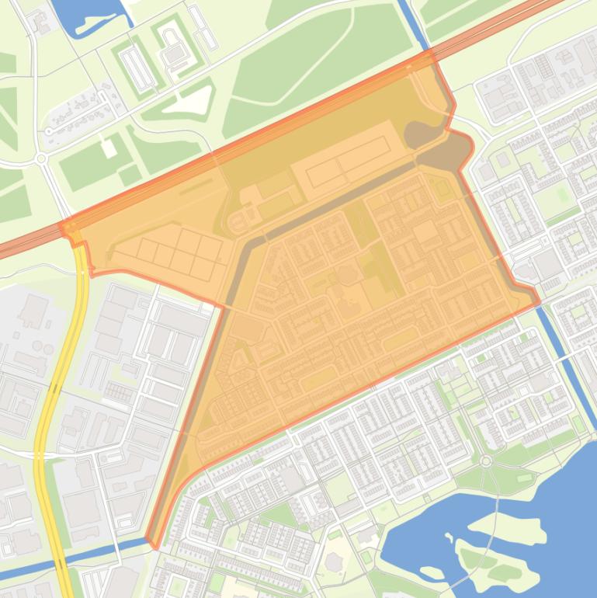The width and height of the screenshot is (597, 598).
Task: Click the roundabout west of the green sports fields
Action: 41,159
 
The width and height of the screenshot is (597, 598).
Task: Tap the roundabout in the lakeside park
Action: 486,461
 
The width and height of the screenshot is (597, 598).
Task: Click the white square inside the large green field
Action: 109,148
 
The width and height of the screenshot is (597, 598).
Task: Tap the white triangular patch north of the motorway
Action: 197,100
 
